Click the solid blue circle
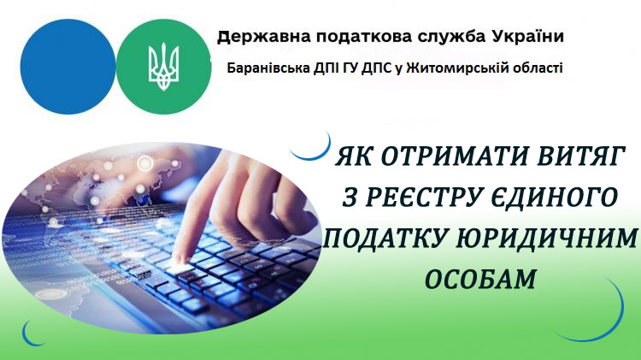68,67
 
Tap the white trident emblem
163,67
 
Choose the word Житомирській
450,68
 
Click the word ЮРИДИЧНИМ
547,238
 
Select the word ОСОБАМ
480,279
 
